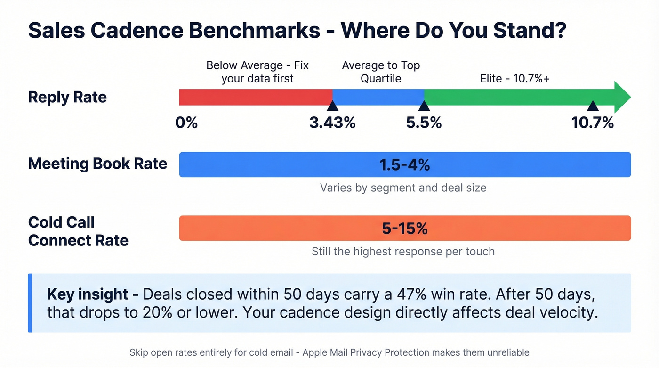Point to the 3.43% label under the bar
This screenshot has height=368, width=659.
(x=332, y=123)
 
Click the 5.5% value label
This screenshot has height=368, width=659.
(x=424, y=123)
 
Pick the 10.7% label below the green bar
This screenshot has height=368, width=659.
(x=592, y=123)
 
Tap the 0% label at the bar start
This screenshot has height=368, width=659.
(x=186, y=123)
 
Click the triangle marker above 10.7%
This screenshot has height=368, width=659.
(x=592, y=106)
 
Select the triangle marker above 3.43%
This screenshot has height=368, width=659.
(x=332, y=106)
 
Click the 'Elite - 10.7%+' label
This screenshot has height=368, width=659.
(x=514, y=78)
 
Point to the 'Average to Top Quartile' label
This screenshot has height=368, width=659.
(x=381, y=72)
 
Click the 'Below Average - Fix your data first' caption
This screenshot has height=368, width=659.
(x=257, y=72)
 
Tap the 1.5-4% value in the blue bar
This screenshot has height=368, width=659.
(x=404, y=165)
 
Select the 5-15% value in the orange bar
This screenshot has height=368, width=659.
(x=404, y=229)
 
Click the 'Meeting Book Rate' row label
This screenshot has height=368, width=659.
(x=97, y=164)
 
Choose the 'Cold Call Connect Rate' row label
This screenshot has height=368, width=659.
(x=78, y=231)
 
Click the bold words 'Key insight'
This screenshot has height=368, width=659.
(x=88, y=294)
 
